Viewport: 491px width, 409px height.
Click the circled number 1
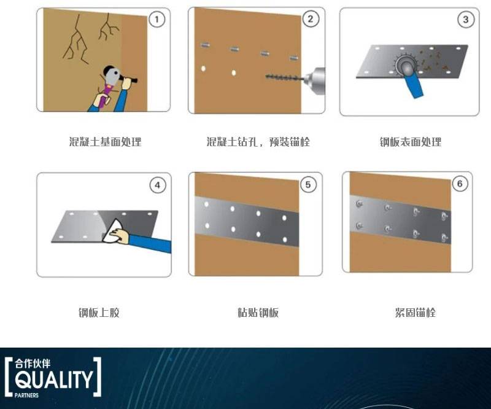click(x=157, y=20)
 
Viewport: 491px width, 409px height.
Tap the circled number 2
click(x=311, y=19)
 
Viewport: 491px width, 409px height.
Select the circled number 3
click(x=466, y=20)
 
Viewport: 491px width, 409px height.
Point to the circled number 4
click(x=158, y=185)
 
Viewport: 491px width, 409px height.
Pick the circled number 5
click(x=308, y=185)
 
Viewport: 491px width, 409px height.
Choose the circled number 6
click(x=460, y=184)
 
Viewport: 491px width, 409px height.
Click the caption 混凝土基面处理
click(x=105, y=142)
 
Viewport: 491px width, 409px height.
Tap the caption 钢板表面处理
click(x=411, y=142)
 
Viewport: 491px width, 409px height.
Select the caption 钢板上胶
click(x=99, y=313)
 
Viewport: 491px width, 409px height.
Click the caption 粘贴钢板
click(x=258, y=313)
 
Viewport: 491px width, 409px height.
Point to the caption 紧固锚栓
click(x=416, y=313)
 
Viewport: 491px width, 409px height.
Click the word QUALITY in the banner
click(x=54, y=380)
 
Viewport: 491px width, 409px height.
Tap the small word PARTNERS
click(x=26, y=395)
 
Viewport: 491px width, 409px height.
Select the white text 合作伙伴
click(x=33, y=364)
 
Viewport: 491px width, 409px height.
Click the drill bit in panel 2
click(x=284, y=77)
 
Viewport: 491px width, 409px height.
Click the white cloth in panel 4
click(x=113, y=232)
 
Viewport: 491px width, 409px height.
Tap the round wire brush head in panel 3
click(x=406, y=65)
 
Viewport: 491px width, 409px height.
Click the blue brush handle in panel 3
click(x=414, y=85)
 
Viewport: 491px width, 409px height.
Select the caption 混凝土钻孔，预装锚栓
click(x=258, y=142)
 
